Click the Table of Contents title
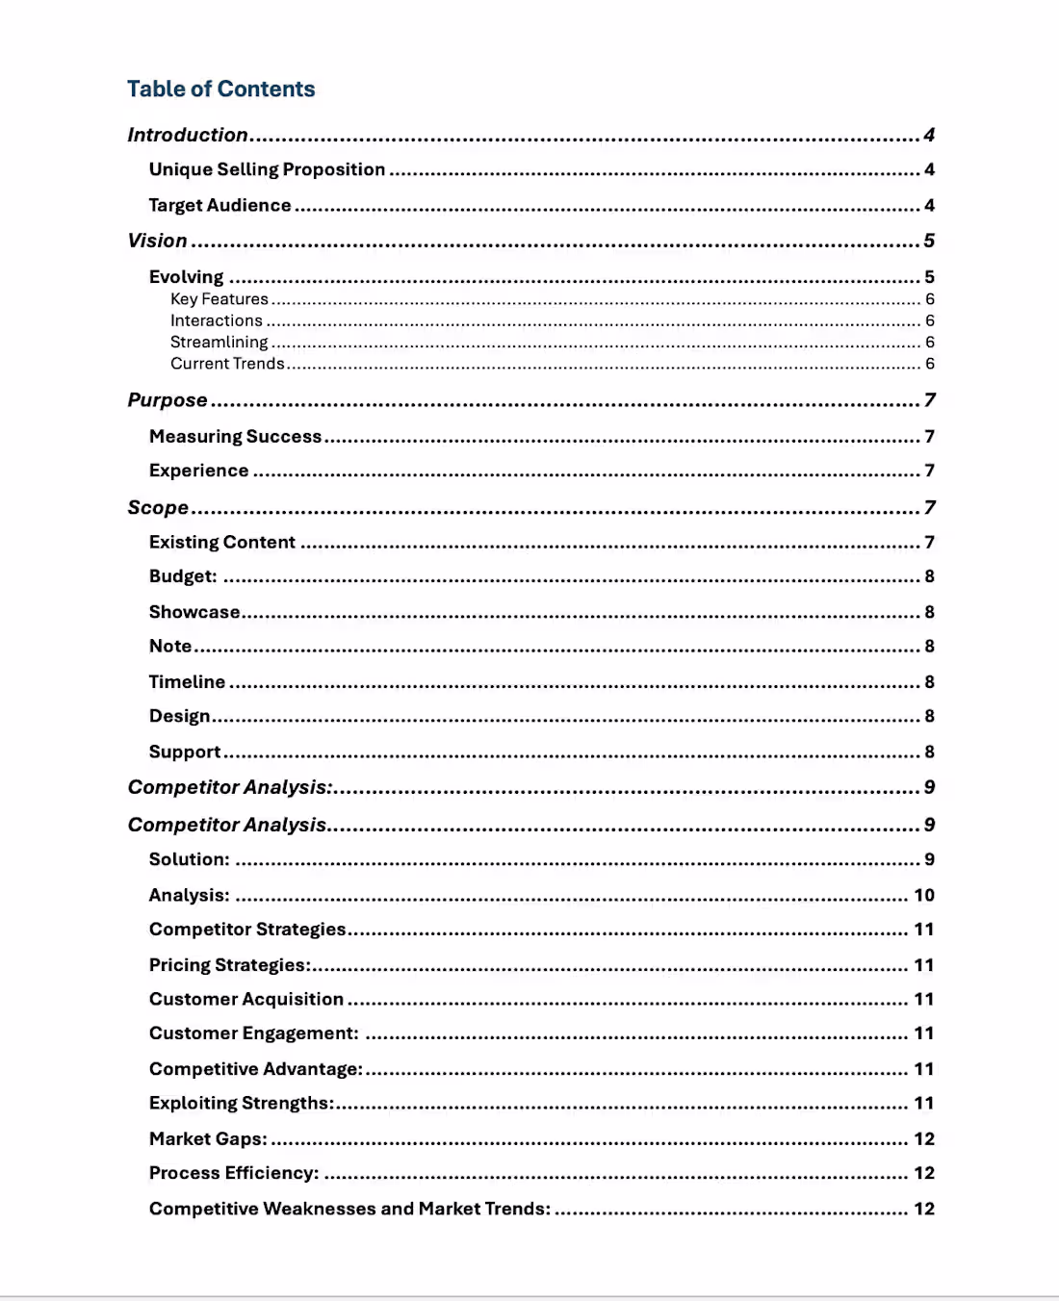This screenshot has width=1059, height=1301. pyautogui.click(x=220, y=89)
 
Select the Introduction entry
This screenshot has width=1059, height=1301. pyautogui.click(x=188, y=135)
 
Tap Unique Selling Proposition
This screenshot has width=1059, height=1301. pyautogui.click(x=267, y=169)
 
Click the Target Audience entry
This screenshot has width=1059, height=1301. pyautogui.click(x=220, y=205)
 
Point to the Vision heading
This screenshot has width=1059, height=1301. pyautogui.click(x=157, y=241)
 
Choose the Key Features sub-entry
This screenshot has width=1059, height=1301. pyautogui.click(x=219, y=299)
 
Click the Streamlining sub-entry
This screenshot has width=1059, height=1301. pyautogui.click(x=219, y=342)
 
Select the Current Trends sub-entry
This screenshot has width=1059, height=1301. pyautogui.click(x=227, y=364)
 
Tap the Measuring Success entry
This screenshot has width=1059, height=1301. pyautogui.click(x=235, y=436)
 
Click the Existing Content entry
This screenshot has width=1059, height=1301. pyautogui.click(x=221, y=542)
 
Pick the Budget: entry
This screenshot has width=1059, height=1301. pyautogui.click(x=183, y=576)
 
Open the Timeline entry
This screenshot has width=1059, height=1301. pyautogui.click(x=187, y=681)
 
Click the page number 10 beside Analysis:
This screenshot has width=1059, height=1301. pyautogui.click(x=923, y=895)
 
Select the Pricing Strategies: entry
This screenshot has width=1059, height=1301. pyautogui.click(x=229, y=964)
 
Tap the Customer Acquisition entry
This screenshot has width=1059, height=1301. pyautogui.click(x=245, y=999)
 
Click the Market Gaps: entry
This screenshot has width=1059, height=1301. pyautogui.click(x=208, y=1138)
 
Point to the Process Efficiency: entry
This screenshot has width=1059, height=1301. pyautogui.click(x=233, y=1173)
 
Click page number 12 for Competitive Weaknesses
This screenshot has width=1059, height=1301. pyautogui.click(x=923, y=1209)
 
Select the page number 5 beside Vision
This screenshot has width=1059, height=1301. pyautogui.click(x=929, y=241)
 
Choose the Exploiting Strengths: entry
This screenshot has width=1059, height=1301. pyautogui.click(x=241, y=1103)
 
